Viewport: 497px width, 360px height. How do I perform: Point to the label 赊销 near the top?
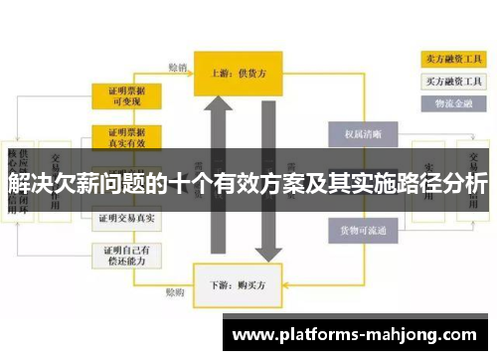click(176, 68)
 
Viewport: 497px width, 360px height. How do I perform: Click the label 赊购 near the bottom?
click(174, 293)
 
